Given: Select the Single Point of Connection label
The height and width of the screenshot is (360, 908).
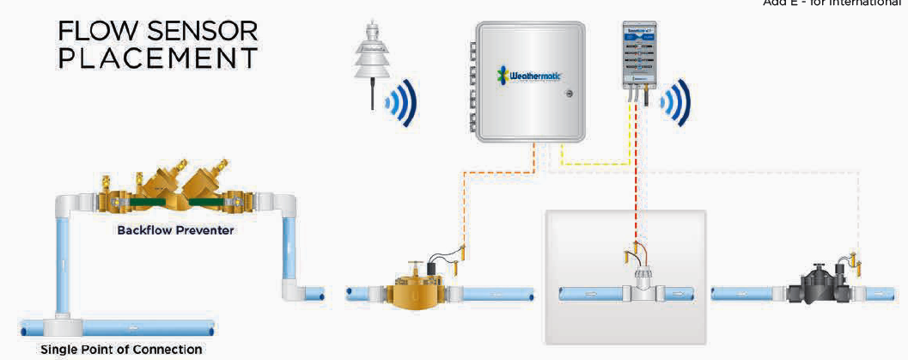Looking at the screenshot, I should [x=120, y=349].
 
